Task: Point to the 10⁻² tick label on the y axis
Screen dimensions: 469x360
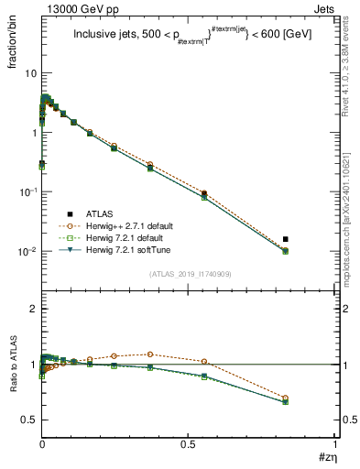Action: [27, 251]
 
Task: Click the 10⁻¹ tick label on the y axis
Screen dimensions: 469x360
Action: [27, 191]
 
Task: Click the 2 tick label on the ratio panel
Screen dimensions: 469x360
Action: [33, 310]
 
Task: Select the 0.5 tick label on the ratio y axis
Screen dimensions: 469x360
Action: [28, 420]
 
